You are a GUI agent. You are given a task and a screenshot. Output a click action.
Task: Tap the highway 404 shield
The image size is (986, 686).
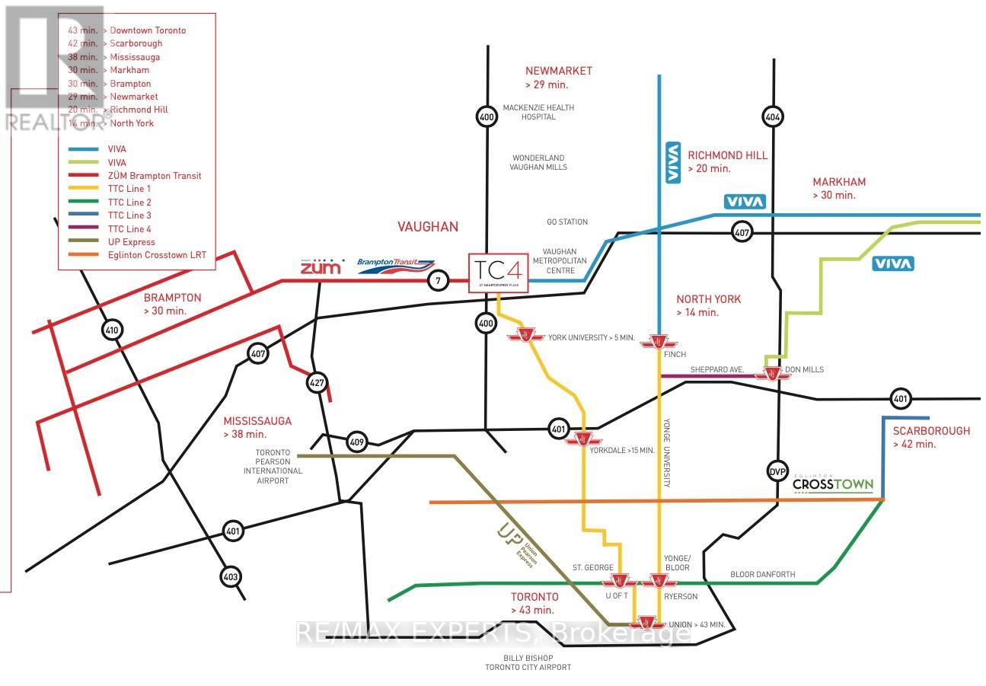click(x=773, y=116)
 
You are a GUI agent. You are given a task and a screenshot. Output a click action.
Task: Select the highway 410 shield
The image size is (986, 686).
click(x=113, y=330)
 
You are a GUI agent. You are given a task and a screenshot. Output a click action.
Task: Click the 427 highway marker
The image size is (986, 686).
click(x=317, y=382)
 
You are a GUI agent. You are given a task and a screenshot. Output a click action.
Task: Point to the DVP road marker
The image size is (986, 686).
click(x=776, y=471)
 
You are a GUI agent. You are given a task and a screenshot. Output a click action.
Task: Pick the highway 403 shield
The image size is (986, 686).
click(x=231, y=577)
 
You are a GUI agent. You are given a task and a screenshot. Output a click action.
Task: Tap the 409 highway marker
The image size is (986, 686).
click(x=356, y=441)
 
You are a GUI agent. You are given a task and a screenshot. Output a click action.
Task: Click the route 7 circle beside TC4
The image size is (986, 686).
click(x=438, y=281)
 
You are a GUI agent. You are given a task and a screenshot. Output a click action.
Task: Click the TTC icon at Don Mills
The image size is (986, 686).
click(x=772, y=373)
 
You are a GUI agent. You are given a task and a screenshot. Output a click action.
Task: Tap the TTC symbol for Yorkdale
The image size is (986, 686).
click(x=585, y=439)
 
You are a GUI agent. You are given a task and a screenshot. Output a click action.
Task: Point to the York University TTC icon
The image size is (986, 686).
click(x=525, y=336)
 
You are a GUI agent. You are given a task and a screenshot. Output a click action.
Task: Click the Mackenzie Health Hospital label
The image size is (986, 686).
click(x=538, y=112)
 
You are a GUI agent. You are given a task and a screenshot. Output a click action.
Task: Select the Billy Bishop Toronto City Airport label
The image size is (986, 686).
click(x=528, y=662)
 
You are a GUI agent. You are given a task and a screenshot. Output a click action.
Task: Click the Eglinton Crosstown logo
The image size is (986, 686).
click(x=832, y=484)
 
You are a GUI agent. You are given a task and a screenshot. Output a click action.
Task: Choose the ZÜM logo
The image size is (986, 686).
click(x=321, y=266)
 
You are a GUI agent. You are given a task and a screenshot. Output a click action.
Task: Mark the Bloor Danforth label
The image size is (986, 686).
click(x=762, y=574)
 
